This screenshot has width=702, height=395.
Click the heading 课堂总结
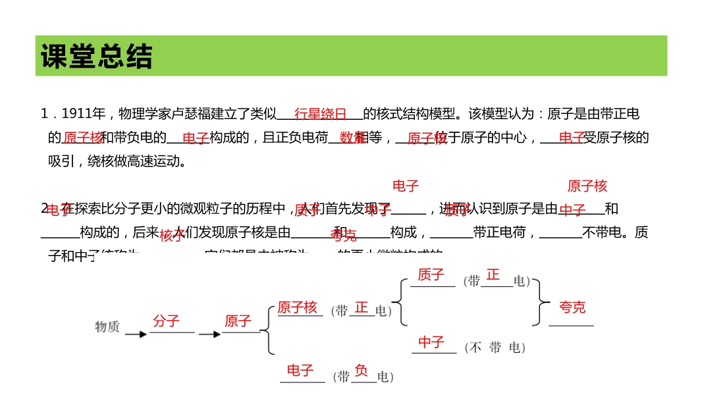point(96,57)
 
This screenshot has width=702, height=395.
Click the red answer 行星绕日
point(320,114)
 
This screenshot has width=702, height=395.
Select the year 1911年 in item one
point(84,114)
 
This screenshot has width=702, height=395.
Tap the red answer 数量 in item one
point(352,138)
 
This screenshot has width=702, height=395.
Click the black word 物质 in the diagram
point(107,327)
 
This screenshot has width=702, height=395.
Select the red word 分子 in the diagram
point(166,321)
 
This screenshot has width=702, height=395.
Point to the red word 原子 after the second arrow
point(238,321)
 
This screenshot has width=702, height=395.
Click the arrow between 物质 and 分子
point(136,334)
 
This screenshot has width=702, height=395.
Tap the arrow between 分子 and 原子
point(209,334)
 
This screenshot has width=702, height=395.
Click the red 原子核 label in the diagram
point(297,307)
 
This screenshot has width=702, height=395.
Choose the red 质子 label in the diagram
point(431,275)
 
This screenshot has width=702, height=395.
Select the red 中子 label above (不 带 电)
point(431,342)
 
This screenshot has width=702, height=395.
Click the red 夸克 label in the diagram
point(572,307)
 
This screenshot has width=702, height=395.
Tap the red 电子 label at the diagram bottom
point(300,371)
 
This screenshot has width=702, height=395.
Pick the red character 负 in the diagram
point(361,371)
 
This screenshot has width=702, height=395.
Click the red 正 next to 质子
point(493,275)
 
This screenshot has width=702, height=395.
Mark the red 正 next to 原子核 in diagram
point(361,307)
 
